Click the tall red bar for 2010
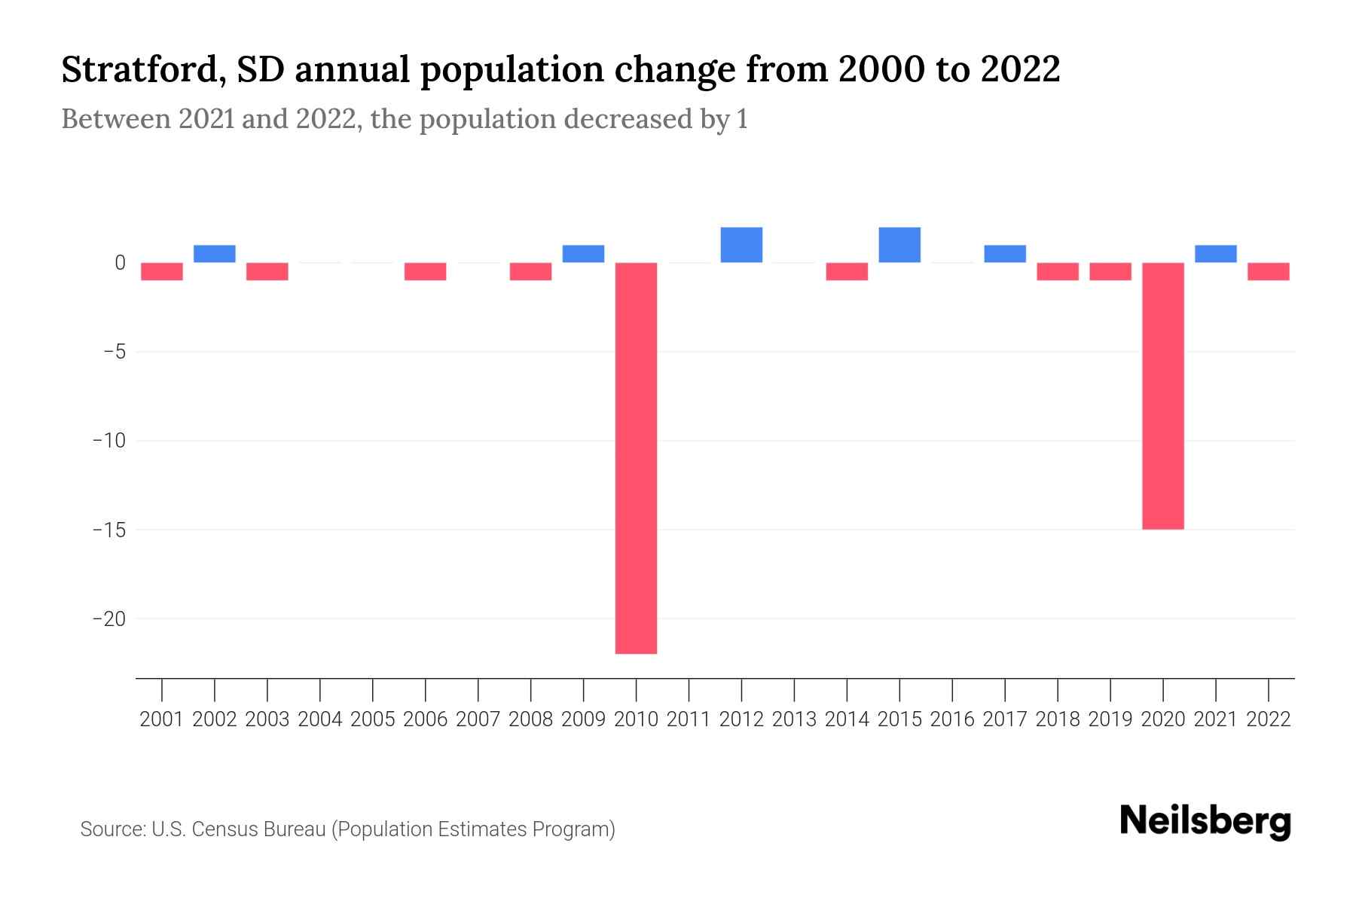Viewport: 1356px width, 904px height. coord(636,457)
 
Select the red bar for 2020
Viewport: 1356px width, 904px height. coord(1162,395)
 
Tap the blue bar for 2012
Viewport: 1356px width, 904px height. coord(741,245)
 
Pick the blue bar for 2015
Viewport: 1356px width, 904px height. coord(899,245)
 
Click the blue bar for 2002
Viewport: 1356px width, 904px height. coord(215,254)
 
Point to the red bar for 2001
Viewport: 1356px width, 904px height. coord(162,271)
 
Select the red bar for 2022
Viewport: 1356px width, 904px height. coord(1268,271)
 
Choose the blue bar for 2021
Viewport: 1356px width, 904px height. coord(1215,254)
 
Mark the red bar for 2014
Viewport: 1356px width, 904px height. coord(847,271)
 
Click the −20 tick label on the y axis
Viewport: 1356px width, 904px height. coord(108,618)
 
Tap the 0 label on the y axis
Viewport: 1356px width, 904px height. coord(120,263)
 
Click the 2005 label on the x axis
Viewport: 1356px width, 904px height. coord(373,719)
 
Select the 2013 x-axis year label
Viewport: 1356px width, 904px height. coord(794,719)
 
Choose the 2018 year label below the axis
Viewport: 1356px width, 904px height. coord(1058,719)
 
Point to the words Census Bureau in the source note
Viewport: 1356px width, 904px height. coord(258,829)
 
